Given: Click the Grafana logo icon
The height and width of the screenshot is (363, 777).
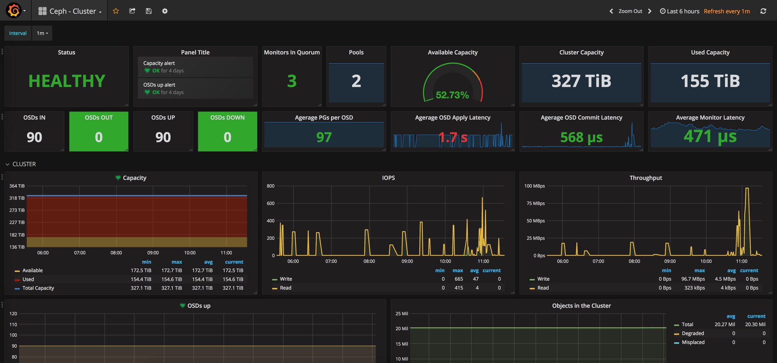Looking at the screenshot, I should click(x=14, y=11).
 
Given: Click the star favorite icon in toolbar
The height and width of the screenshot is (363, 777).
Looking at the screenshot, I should click(x=116, y=11).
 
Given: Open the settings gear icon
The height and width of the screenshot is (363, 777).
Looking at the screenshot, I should click(x=165, y=11).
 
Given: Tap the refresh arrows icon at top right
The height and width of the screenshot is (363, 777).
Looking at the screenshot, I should click(x=763, y=11).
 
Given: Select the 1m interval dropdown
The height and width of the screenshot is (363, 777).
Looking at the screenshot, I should click(x=42, y=33).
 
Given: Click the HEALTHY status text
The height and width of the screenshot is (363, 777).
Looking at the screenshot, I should click(x=67, y=81).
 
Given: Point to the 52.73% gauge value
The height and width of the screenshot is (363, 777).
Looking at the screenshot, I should click(x=452, y=95).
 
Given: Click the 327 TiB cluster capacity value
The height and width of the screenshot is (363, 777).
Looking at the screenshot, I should click(x=581, y=81).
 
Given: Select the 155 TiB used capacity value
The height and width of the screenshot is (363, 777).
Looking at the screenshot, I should click(x=710, y=81).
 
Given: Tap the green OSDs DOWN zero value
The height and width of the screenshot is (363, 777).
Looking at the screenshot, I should click(x=227, y=137).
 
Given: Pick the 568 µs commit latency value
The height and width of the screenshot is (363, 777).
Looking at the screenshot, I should click(x=581, y=137).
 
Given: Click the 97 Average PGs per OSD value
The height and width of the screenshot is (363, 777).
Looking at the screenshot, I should click(x=324, y=137).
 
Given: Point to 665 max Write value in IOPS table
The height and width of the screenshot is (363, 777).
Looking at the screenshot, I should click(x=458, y=279).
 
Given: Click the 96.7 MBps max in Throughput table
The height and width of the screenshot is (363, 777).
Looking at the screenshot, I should click(x=693, y=279).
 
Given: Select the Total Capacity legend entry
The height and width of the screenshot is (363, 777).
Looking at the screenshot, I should click(x=38, y=288).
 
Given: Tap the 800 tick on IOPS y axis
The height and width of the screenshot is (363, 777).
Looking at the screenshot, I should click(x=271, y=186).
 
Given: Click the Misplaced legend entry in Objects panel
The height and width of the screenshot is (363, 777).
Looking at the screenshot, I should click(x=693, y=342).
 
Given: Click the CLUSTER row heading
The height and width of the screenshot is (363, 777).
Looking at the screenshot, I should click(x=24, y=164).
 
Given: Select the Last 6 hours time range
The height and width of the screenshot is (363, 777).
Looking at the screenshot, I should click(x=683, y=11).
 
